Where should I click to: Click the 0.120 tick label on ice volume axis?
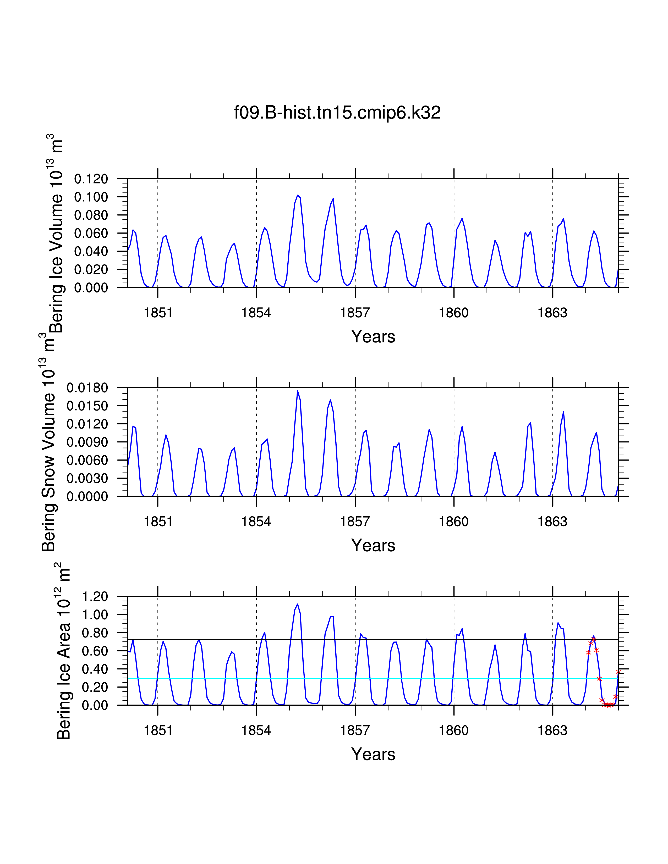tap(91, 179)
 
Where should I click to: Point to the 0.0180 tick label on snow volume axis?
tap(87, 388)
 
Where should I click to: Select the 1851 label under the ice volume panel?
tap(158, 313)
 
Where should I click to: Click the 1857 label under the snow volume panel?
tap(355, 522)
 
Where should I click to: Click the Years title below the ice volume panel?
tap(373, 337)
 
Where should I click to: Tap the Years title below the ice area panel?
tap(373, 754)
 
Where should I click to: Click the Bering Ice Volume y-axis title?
tap(55, 233)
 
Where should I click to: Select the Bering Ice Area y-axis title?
tap(63, 653)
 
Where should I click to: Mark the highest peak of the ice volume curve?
tap(298, 195)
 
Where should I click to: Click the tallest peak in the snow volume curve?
tap(298, 391)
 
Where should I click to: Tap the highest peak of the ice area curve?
tap(298, 604)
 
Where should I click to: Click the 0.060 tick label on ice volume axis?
tap(91, 233)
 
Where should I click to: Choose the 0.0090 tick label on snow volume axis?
tap(87, 442)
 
